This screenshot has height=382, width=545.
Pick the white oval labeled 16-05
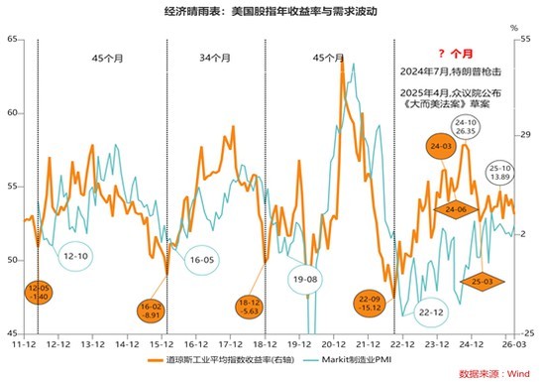pyautogui.click(x=201, y=259)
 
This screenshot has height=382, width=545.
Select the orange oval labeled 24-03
pyautogui.click(x=441, y=147)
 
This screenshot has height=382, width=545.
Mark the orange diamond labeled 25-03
pyautogui.click(x=483, y=281)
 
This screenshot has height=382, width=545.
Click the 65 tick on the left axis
pyautogui.click(x=12, y=39)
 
